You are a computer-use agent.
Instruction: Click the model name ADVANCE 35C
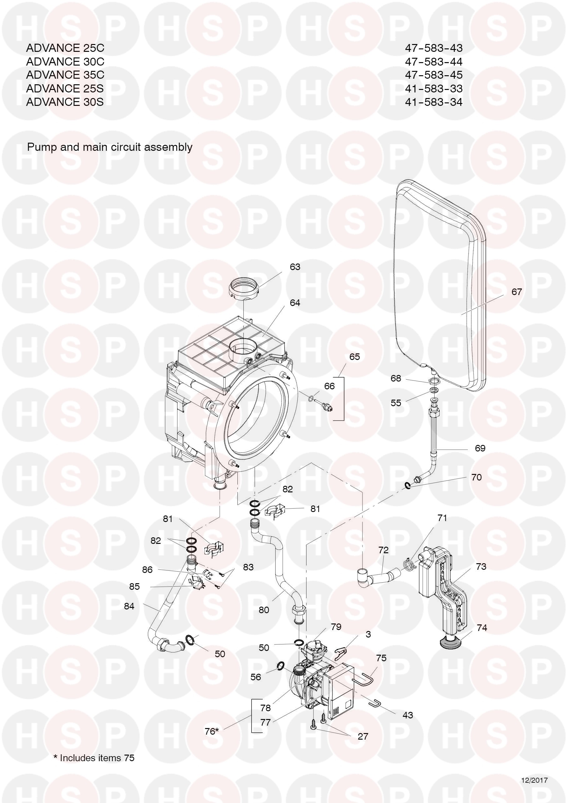coord(65,75)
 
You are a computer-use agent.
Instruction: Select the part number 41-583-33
coord(434,88)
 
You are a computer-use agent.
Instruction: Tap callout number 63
coord(295,267)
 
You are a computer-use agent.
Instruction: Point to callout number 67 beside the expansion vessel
coord(516,292)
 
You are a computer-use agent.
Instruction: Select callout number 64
coord(295,303)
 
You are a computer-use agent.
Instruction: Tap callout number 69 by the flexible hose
coord(480,448)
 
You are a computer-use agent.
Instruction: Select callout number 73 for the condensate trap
coord(481,566)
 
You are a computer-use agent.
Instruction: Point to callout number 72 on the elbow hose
coord(384,550)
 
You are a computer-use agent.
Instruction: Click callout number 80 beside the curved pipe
coord(264,610)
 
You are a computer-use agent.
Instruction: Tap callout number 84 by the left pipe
coord(129,606)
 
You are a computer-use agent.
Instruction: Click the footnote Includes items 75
coord(94,758)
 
